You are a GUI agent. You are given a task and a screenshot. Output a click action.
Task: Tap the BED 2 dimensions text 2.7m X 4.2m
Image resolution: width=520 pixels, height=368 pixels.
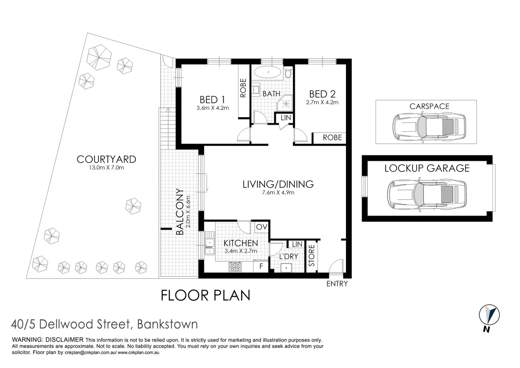322,102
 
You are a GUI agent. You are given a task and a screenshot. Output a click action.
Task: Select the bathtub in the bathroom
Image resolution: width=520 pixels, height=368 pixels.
268,72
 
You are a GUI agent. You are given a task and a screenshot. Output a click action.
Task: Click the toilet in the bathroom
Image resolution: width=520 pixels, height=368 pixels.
288,72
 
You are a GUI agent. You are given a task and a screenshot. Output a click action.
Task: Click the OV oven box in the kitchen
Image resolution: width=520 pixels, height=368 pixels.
261,227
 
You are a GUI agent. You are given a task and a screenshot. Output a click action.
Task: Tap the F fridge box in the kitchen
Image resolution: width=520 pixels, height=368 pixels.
261,266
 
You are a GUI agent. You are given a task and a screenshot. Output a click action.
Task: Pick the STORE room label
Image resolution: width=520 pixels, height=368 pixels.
312,256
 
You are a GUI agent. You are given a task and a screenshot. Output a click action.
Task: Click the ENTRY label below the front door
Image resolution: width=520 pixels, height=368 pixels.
337,283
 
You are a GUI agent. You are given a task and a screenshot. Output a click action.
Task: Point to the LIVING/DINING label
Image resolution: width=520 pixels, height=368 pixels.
278,184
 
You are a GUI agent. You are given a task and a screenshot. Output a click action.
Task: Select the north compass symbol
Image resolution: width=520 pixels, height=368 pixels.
489,316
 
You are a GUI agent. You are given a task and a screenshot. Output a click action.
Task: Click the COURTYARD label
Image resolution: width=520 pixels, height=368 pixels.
106,159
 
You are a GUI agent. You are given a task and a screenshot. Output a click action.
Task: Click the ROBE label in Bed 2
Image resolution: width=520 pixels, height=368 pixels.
332,137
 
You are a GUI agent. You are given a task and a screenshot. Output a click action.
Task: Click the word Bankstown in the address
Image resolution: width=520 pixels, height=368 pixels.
167,324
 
